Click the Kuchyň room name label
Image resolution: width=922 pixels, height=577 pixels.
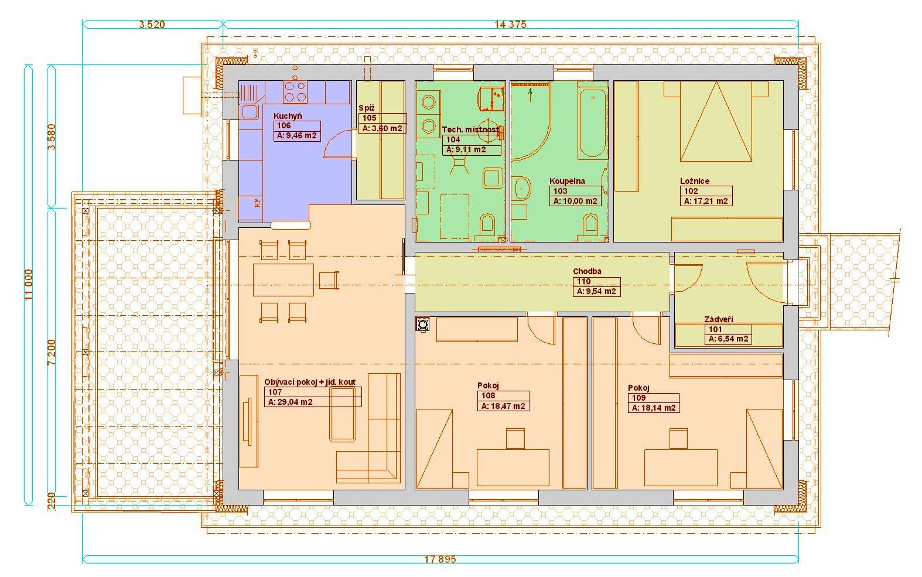(x=288, y=116)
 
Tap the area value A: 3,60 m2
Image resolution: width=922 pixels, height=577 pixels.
(x=383, y=128)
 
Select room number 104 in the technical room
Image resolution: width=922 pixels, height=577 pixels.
(x=453, y=139)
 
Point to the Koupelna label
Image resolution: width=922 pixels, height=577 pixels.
(x=567, y=181)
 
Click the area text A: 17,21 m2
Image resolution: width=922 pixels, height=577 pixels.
(x=706, y=202)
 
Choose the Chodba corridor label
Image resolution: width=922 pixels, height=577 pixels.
(x=588, y=271)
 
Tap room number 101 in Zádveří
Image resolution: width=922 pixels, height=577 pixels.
(x=715, y=329)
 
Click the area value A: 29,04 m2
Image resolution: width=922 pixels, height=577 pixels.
(x=290, y=402)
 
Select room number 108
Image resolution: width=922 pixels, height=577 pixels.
(x=489, y=396)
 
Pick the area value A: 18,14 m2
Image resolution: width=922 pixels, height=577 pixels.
(x=654, y=408)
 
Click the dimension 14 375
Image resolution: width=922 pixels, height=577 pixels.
(x=510, y=24)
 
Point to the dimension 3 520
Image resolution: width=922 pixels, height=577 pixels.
(x=152, y=24)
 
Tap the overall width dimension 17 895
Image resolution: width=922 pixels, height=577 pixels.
(x=440, y=559)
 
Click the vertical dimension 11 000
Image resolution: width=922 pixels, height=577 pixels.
(x=28, y=285)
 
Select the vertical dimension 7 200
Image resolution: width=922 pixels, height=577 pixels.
(x=52, y=352)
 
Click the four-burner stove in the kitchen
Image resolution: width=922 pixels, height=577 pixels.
(x=295, y=91)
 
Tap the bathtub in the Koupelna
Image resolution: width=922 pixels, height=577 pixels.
(x=593, y=120)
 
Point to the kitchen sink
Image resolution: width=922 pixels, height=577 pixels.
(x=249, y=111)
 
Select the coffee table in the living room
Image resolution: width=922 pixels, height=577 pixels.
(x=343, y=414)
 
